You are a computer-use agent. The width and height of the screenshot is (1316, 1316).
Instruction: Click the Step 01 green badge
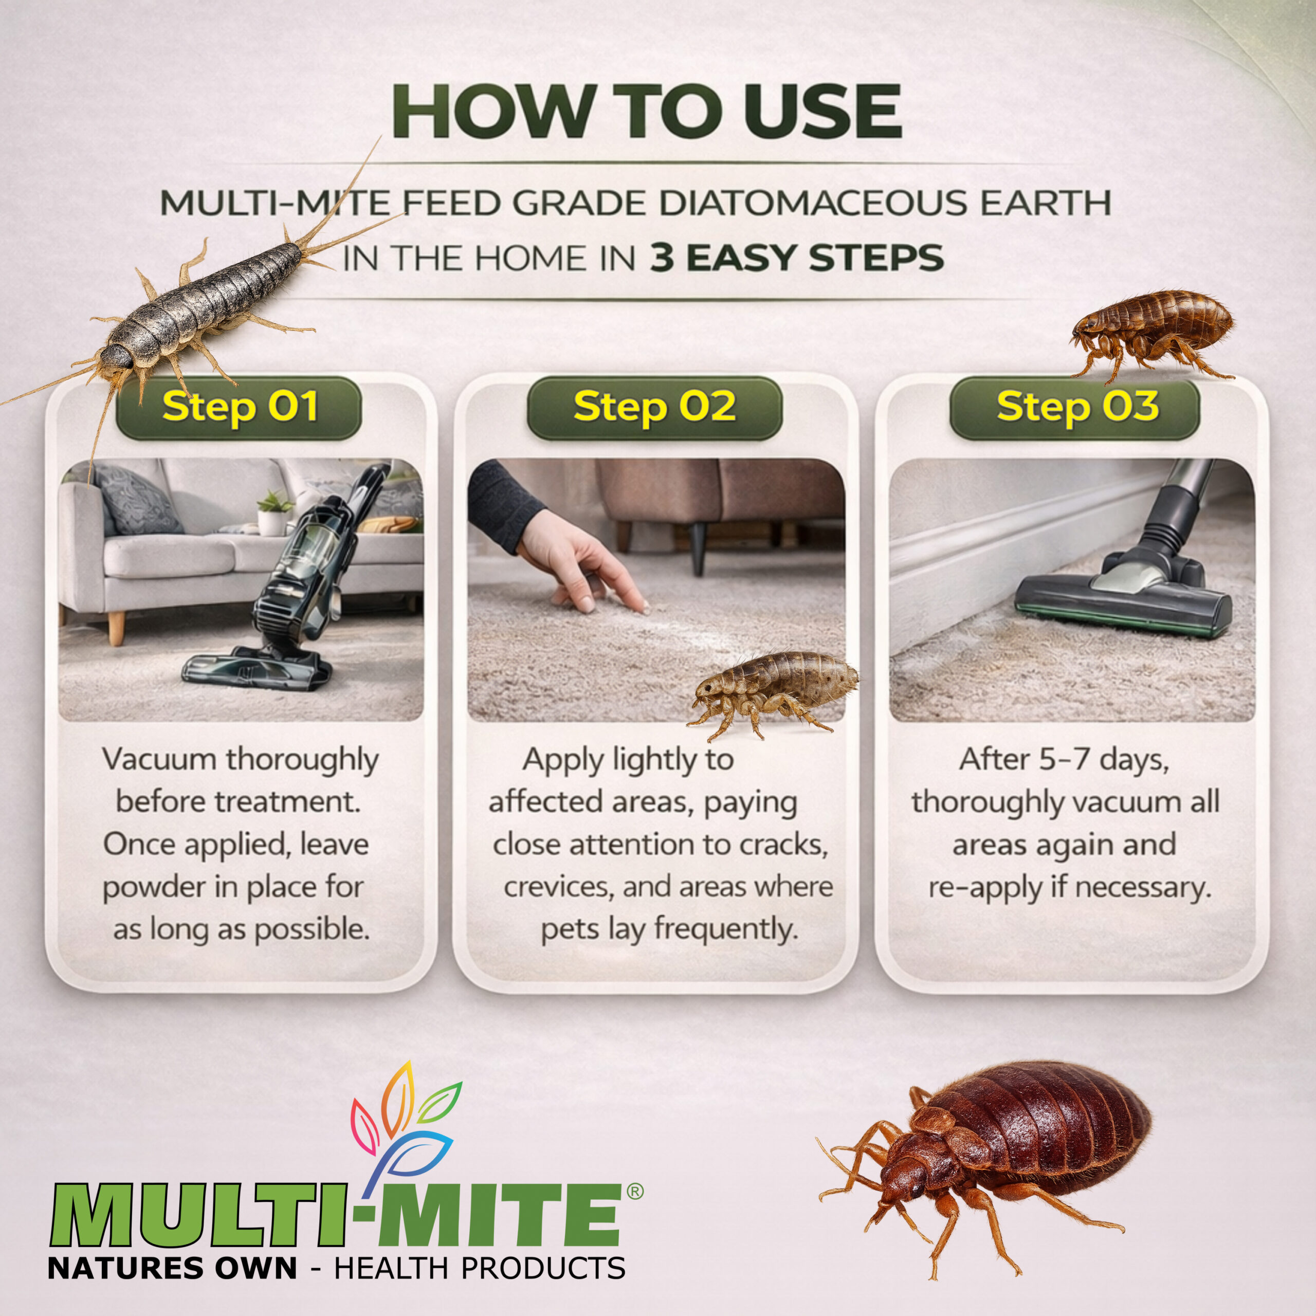(239, 408)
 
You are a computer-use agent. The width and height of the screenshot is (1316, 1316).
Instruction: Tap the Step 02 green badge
(654, 408)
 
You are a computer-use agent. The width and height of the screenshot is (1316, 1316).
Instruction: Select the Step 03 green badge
(1074, 408)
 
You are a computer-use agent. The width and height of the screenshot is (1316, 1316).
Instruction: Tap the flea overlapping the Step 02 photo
(773, 691)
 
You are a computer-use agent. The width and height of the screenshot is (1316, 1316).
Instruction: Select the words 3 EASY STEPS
(796, 258)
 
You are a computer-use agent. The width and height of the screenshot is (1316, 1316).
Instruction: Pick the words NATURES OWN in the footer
(172, 1268)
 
